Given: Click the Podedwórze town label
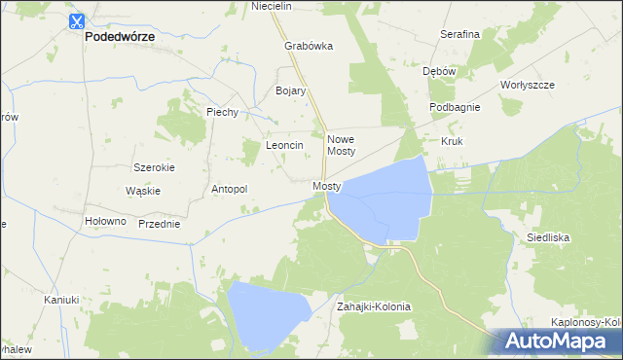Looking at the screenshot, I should click(x=121, y=37).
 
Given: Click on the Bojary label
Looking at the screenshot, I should click(x=291, y=90).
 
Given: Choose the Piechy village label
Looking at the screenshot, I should click(x=222, y=112).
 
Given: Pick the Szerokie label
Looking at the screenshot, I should click(x=154, y=167).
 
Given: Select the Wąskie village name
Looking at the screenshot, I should click(x=143, y=191).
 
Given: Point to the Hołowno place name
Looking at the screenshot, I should click(x=106, y=221).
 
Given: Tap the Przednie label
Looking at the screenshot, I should click(x=160, y=224).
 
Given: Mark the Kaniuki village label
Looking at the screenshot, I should click(x=60, y=300).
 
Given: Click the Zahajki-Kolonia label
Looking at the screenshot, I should click(x=374, y=306).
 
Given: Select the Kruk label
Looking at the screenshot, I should click(x=452, y=141).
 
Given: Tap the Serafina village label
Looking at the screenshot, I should click(x=459, y=34).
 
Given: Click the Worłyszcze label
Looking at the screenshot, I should click(x=527, y=85).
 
